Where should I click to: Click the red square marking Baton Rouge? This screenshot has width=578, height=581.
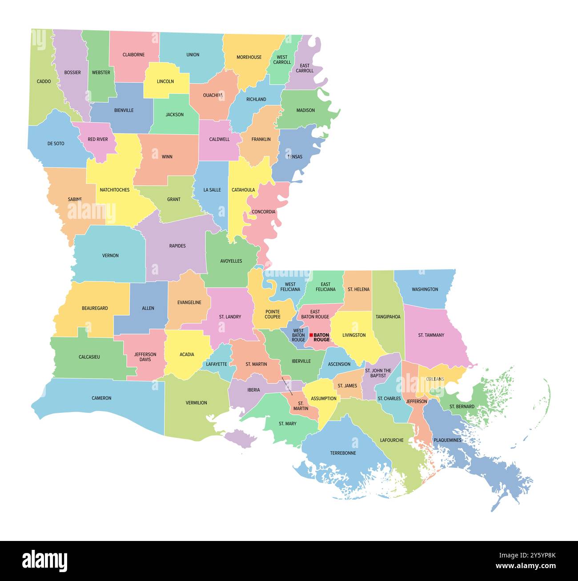point(311,335)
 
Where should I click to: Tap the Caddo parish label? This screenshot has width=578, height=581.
point(44,81)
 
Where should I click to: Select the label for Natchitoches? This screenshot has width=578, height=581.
point(114,190)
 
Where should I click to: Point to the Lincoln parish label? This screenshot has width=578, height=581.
point(165,81)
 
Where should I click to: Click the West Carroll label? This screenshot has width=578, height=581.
point(282,60)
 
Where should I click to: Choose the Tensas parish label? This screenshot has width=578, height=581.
point(295,157)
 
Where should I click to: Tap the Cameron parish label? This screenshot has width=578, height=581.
point(101,398)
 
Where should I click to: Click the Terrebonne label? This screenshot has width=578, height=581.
point(343,453)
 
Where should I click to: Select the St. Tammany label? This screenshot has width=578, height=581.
point(431,335)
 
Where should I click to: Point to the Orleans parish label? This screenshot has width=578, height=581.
point(435,379)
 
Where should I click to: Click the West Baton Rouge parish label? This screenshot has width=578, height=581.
point(298,335)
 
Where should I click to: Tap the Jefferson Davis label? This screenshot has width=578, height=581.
point(145,357)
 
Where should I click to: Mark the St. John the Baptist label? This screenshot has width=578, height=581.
point(378,373)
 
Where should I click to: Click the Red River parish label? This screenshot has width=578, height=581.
point(97,139)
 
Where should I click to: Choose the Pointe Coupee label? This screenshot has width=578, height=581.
point(273,314)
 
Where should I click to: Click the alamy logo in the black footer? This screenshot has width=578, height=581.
point(44,560)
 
